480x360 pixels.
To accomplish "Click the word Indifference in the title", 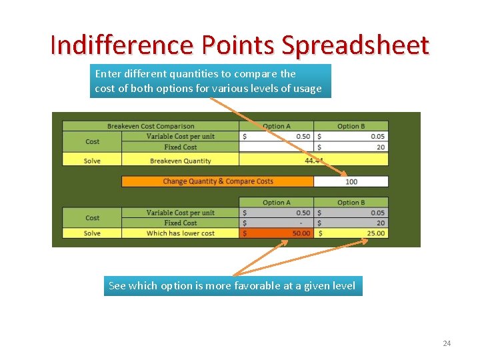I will (x=119, y=45).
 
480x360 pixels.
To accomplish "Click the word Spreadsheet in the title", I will (x=355, y=45).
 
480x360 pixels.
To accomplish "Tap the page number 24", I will (x=447, y=343).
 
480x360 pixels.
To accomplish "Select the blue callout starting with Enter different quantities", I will (x=210, y=81).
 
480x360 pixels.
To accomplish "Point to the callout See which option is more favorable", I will (x=233, y=286).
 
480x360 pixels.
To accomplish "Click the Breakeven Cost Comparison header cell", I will (x=151, y=126).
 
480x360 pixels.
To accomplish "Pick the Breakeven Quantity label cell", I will (x=180, y=161).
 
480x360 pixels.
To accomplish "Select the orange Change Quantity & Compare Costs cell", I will (x=217, y=181).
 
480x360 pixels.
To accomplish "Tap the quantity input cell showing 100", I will (x=351, y=181).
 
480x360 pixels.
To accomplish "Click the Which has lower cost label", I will (x=180, y=233).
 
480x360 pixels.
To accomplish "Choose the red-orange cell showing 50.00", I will (x=276, y=233).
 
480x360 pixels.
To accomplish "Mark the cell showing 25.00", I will (x=351, y=233).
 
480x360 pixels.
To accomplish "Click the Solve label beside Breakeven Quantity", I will (x=92, y=161).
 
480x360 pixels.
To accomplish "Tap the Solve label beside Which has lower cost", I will (x=92, y=233).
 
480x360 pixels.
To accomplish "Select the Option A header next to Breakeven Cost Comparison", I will (x=276, y=126).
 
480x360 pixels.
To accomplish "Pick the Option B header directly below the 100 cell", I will (x=351, y=202).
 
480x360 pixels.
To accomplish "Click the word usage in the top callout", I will (x=308, y=89).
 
